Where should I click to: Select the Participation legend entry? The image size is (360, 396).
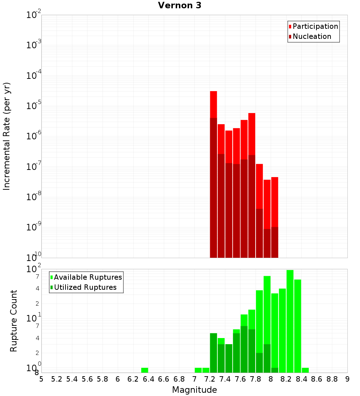315,26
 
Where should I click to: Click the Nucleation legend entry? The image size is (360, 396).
312,36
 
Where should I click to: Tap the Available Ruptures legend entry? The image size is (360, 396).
88,277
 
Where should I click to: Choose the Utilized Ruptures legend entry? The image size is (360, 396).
85,287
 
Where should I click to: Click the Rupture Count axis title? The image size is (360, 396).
14,321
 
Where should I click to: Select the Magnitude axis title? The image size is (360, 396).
194,390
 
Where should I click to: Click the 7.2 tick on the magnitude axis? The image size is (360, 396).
210,379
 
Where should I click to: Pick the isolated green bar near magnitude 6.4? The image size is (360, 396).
145,370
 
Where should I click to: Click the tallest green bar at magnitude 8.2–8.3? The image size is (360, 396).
290,320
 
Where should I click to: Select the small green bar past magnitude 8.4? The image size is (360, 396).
305,370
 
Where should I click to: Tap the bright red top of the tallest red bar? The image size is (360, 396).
213,104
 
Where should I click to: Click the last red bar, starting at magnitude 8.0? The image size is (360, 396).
275,202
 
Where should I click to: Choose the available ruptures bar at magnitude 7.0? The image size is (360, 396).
198,370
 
